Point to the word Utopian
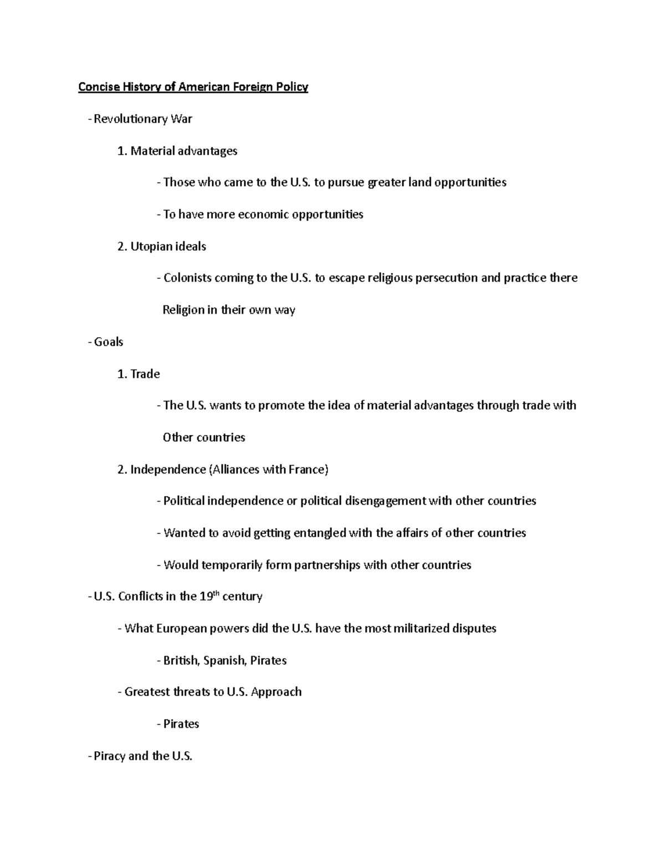tap(149, 247)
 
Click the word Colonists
tap(187, 278)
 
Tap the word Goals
tap(109, 342)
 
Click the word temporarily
tap(232, 565)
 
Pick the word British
tap(181, 661)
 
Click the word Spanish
tap(224, 661)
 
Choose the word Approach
tap(276, 692)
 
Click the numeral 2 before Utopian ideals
tap(121, 247)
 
